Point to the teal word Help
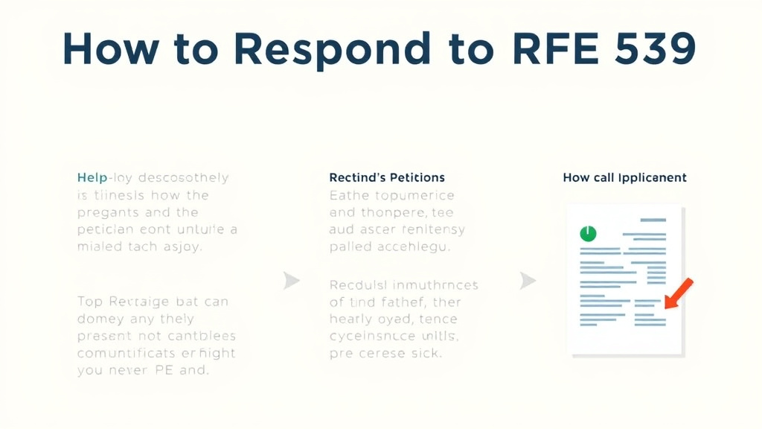click(x=92, y=178)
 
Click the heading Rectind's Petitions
click(x=387, y=178)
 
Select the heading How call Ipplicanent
click(x=624, y=178)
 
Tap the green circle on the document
click(x=588, y=234)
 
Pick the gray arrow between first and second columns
click(x=292, y=281)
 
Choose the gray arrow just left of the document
click(x=527, y=281)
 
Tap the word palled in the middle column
click(x=350, y=247)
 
